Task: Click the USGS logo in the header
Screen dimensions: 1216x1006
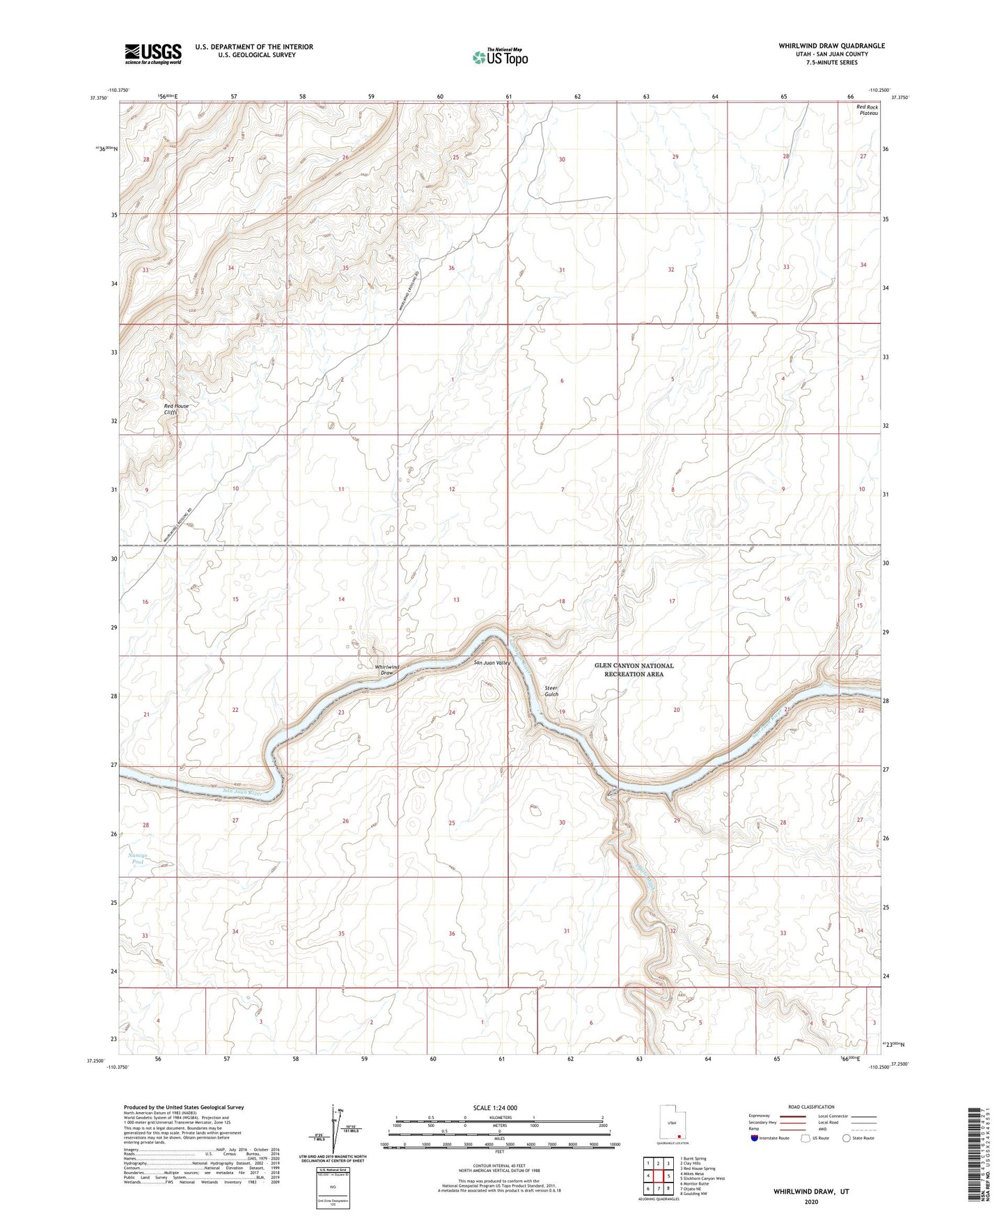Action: pos(153,53)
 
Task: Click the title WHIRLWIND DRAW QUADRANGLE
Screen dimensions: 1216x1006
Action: pos(822,46)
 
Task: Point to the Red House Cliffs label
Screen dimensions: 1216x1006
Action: pos(176,409)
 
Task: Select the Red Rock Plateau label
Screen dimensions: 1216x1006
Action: pos(867,110)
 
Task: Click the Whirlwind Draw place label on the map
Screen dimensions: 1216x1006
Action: pos(387,670)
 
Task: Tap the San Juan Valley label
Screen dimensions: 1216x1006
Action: pos(492,662)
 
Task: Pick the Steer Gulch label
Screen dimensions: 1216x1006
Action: pos(551,691)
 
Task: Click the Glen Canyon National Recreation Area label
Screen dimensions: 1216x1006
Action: pos(634,670)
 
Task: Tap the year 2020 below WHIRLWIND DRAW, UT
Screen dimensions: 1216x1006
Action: pos(810,1201)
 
